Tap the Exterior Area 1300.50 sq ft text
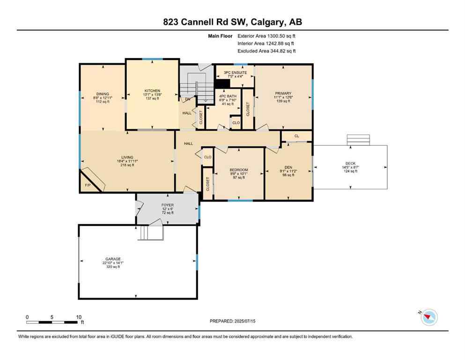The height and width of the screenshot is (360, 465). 266,36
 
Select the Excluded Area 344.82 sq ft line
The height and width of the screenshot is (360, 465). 266,51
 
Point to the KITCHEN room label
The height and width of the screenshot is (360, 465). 152,90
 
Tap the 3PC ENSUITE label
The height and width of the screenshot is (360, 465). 235,73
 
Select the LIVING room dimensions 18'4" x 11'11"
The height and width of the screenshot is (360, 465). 127,161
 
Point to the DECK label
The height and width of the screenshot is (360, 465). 351,163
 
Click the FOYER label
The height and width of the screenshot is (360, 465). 167,205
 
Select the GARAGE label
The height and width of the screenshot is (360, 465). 113,259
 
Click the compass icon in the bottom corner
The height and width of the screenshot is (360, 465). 428,317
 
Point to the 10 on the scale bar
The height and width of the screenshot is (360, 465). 76,317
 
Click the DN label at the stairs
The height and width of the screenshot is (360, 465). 187,99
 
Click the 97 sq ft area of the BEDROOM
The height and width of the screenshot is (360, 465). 239,178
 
